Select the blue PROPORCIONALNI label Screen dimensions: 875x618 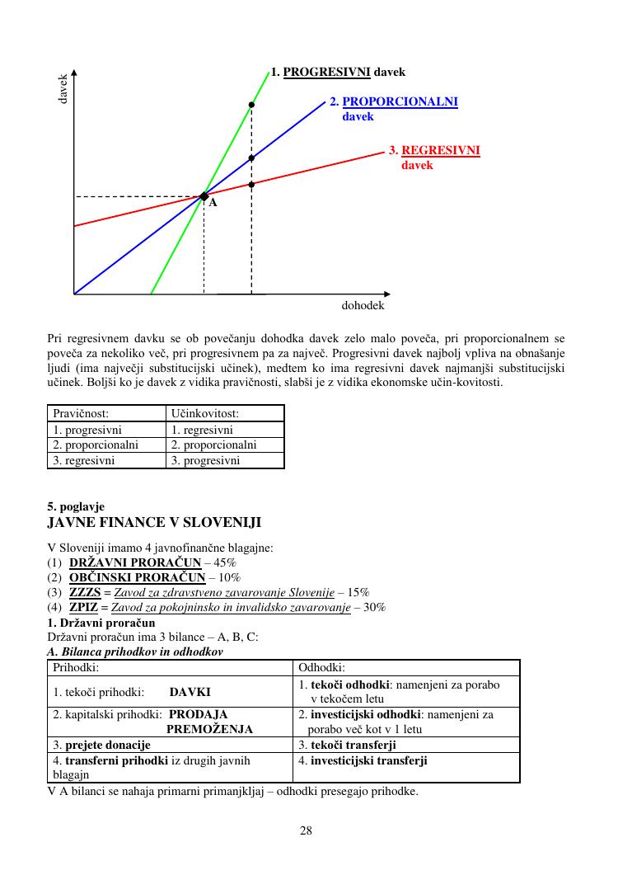coord(399,101)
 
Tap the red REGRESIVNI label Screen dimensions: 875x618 coord(440,151)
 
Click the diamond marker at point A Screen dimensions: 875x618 coord(204,195)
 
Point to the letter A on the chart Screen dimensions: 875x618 coord(213,203)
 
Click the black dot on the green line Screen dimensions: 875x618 coord(251,105)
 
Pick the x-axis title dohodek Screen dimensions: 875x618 coord(363,305)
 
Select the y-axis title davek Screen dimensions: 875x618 coord(63,89)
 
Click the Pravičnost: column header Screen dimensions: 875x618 coord(81,413)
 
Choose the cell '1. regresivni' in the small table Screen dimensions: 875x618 coord(202,430)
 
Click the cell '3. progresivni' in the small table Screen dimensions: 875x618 coord(205,461)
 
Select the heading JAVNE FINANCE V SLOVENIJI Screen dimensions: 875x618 coord(154,523)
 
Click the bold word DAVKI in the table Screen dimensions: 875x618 coord(190,692)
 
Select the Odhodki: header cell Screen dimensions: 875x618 coord(322,667)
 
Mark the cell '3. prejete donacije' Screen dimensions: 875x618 coord(101,745)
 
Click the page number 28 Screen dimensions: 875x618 coord(306,830)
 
